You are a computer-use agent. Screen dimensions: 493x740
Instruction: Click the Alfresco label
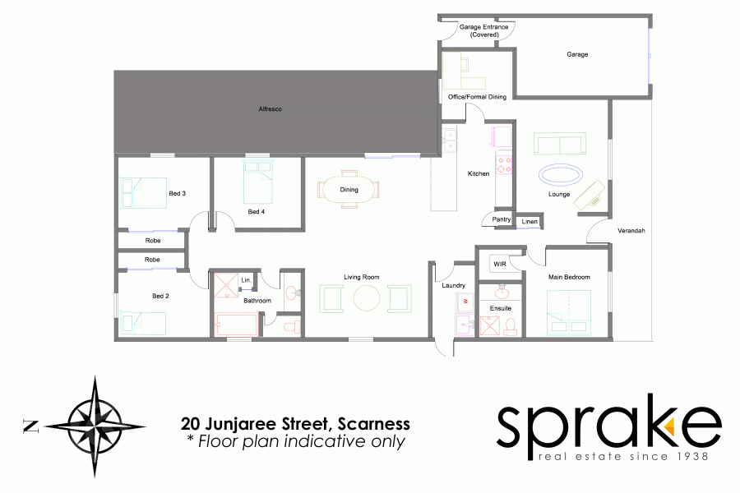(x=271, y=109)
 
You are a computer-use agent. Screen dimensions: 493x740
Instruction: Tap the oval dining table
(x=349, y=189)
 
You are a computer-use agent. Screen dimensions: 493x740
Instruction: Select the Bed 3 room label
(x=177, y=193)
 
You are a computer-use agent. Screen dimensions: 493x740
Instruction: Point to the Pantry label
(x=502, y=219)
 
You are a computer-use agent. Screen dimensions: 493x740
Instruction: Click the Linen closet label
(x=530, y=222)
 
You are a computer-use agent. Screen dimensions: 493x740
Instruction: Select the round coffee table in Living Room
(x=368, y=297)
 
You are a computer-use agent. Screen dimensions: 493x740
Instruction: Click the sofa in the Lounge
(x=560, y=145)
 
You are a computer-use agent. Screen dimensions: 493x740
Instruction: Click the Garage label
(x=577, y=54)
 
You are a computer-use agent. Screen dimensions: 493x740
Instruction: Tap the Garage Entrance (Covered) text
(x=483, y=30)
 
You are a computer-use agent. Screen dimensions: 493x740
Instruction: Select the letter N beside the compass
(x=31, y=426)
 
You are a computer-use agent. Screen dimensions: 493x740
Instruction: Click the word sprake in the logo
(x=608, y=426)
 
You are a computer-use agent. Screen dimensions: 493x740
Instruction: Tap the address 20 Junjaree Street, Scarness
(x=295, y=425)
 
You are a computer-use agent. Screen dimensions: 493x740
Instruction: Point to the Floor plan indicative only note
(x=295, y=442)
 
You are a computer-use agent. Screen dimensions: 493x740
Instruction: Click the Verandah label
(x=631, y=231)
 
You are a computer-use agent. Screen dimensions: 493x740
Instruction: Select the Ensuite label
(x=501, y=308)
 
